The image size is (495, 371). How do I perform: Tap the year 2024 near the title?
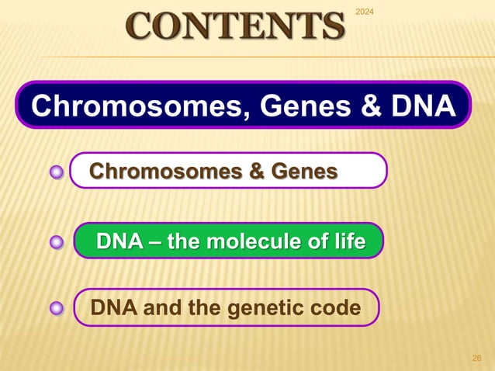pos(363,11)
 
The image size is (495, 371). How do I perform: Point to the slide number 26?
pos(477,358)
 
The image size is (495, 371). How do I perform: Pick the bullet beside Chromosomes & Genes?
pos(56,172)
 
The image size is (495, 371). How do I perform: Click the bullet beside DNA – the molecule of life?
pos(56,243)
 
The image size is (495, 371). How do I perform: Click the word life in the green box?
pos(346,242)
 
